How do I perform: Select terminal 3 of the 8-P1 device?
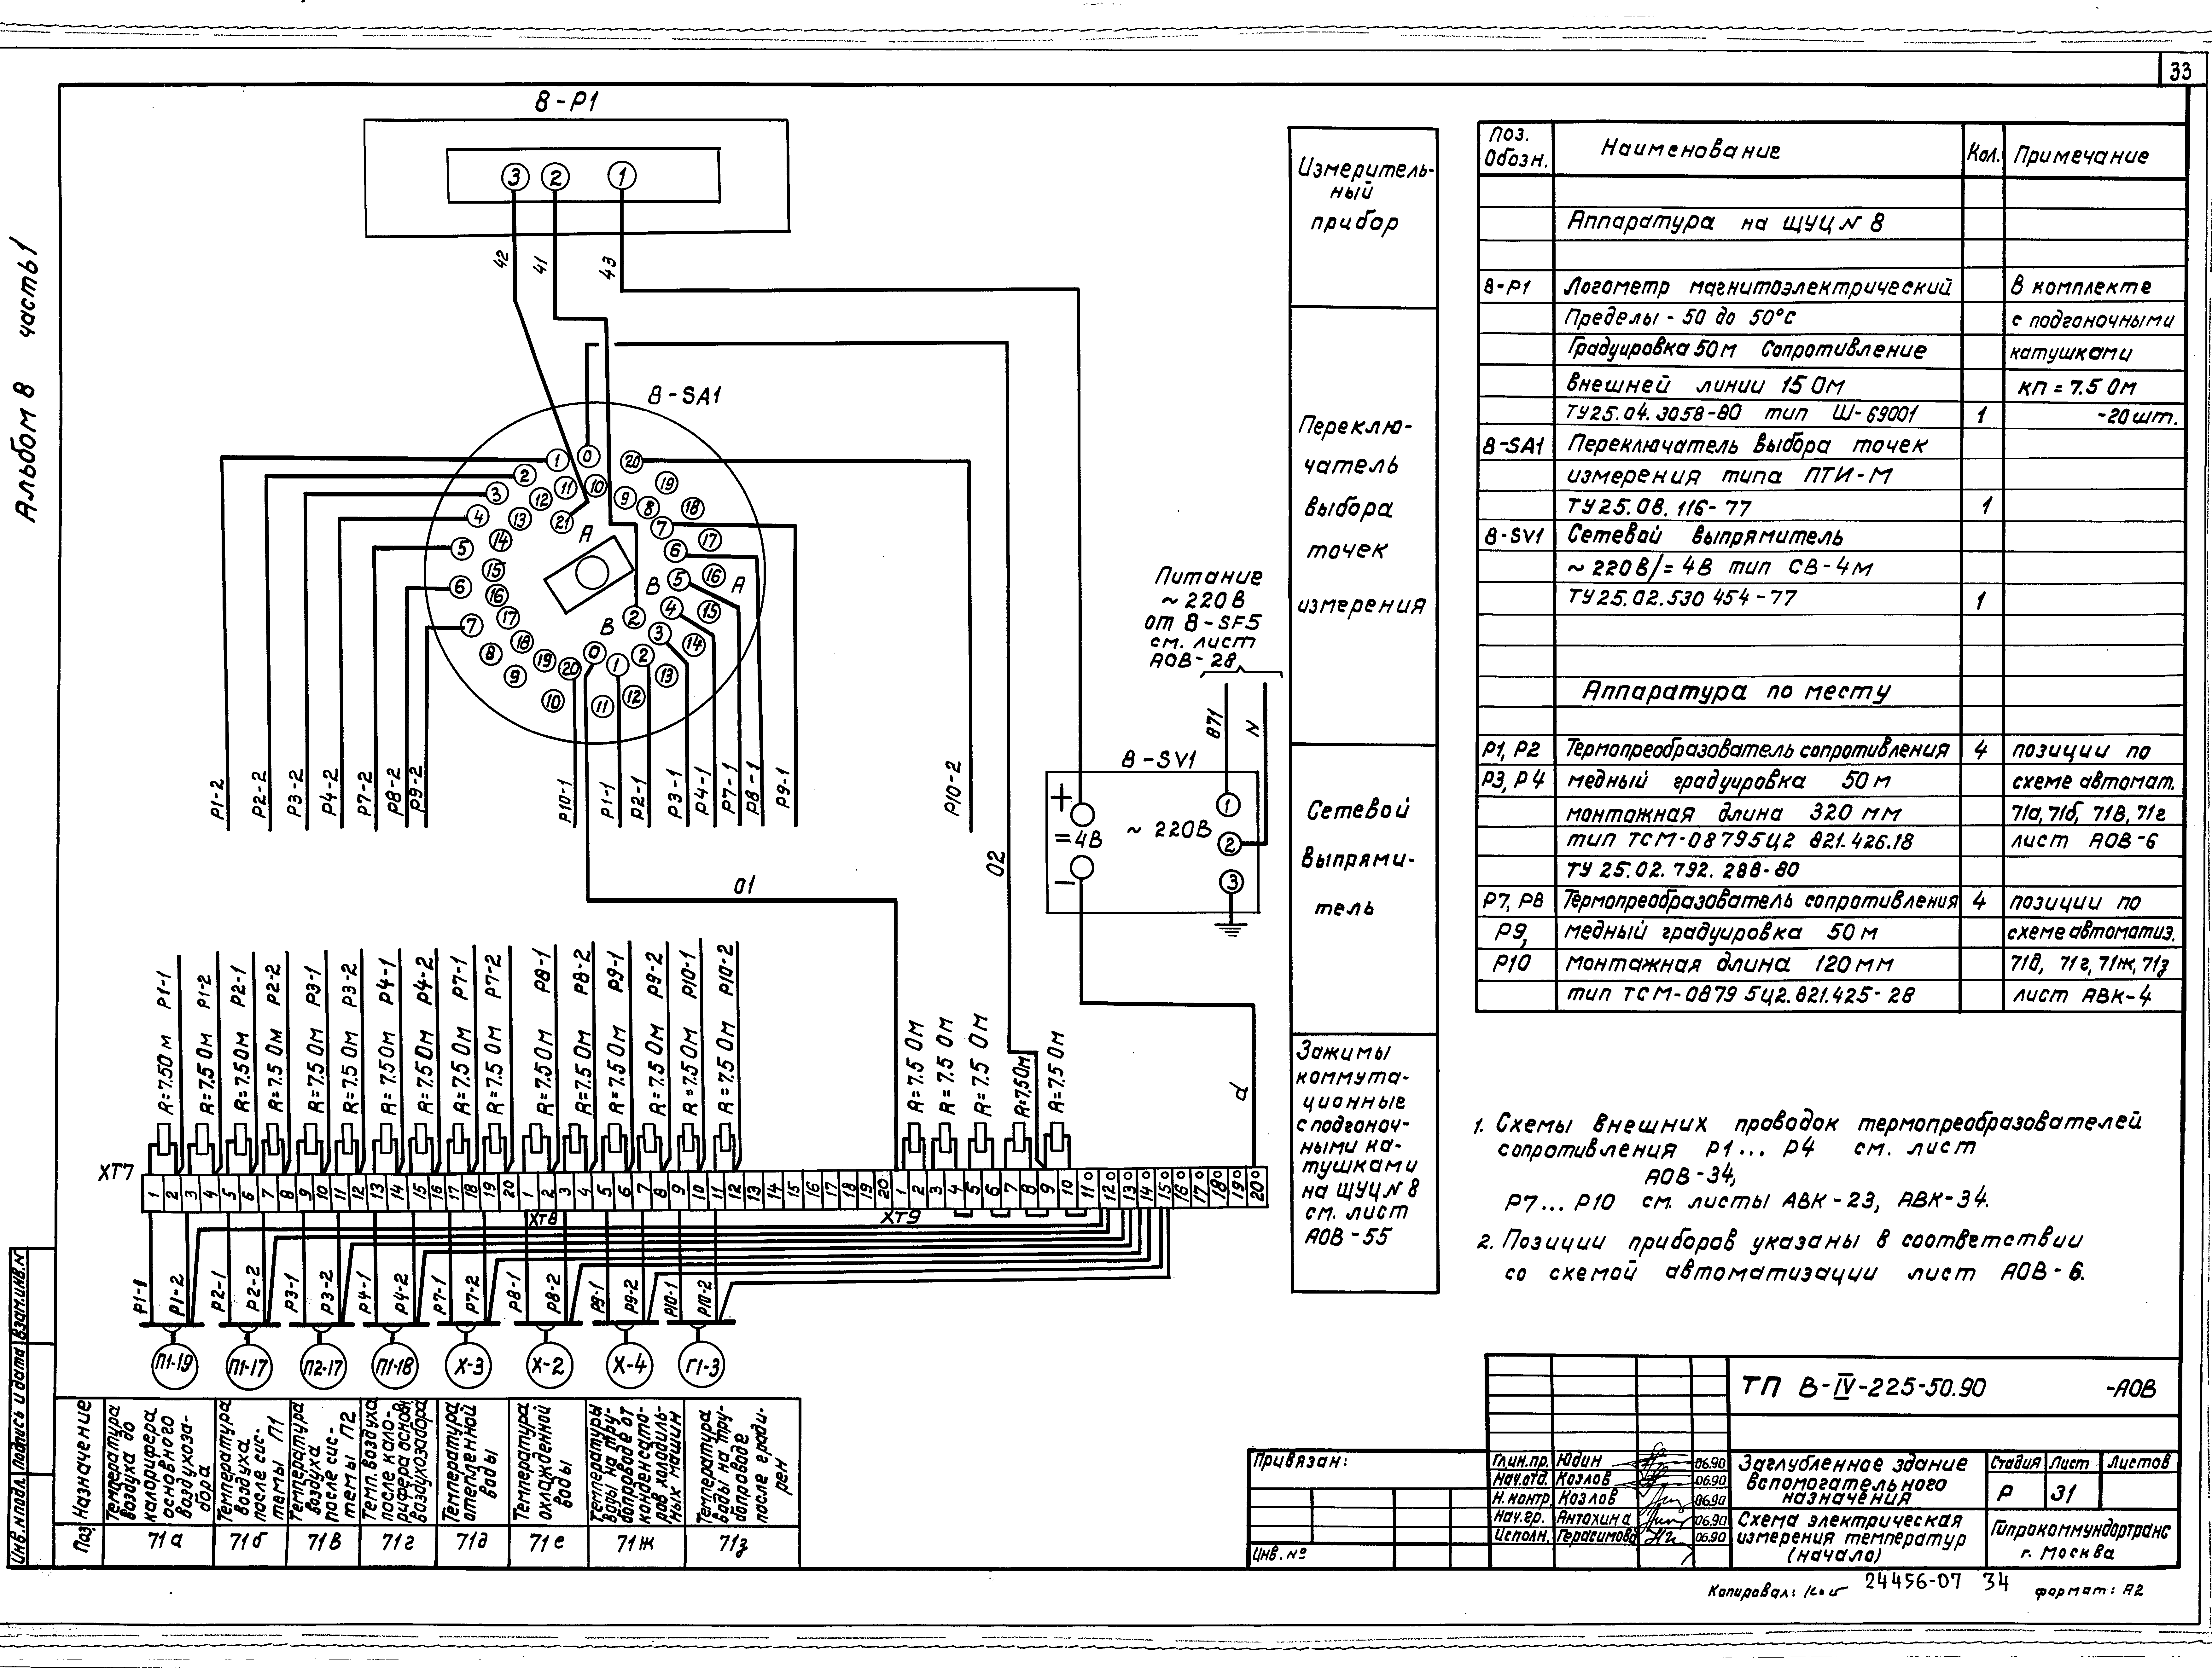(x=514, y=177)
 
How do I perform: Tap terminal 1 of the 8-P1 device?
(x=623, y=177)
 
